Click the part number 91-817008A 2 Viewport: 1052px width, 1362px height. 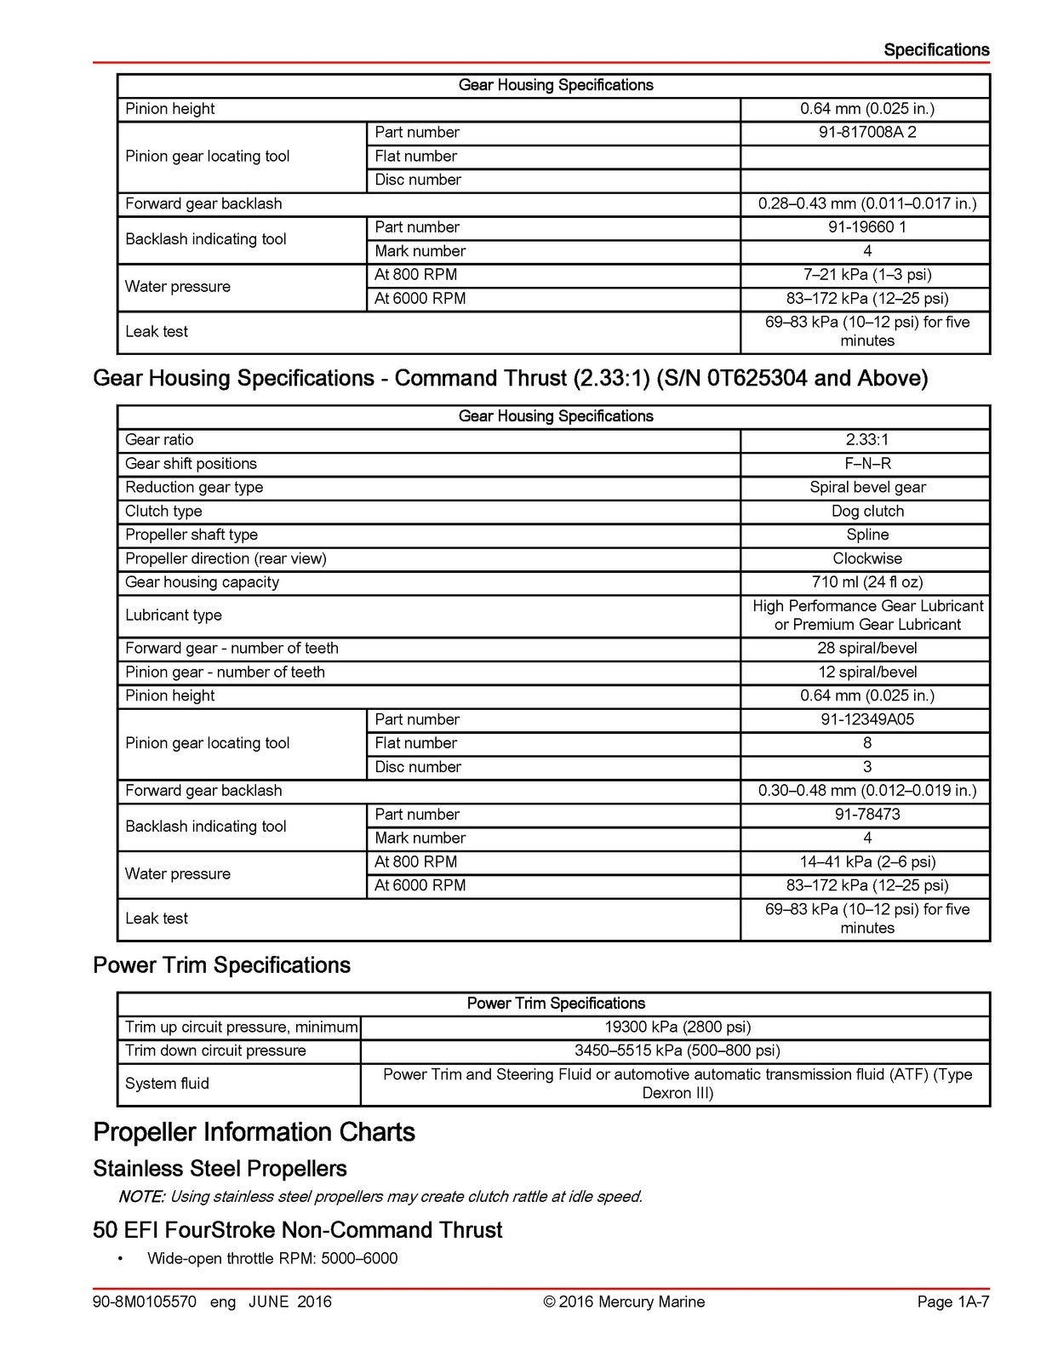(866, 133)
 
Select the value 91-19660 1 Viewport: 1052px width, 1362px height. (866, 227)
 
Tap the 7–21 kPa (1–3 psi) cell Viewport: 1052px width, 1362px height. (866, 275)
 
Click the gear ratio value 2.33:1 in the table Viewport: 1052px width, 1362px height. (866, 440)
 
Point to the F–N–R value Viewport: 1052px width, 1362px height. (866, 464)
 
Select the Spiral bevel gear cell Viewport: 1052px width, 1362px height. (866, 488)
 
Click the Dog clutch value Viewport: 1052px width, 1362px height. (866, 512)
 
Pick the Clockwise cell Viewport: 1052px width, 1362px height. (866, 559)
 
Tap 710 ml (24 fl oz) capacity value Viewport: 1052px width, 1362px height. (866, 582)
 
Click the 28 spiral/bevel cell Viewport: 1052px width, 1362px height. (866, 649)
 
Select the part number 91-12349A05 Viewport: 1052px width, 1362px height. (866, 719)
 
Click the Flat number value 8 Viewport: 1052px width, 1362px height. (866, 743)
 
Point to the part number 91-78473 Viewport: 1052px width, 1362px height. (866, 815)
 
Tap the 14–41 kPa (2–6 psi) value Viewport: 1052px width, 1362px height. (866, 861)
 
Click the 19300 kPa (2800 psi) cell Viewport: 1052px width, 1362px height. (677, 1027)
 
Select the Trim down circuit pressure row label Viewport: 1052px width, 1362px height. (215, 1050)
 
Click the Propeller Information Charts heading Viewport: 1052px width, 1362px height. (254, 1132)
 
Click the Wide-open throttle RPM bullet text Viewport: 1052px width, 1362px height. (272, 1259)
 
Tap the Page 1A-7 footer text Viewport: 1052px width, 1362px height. (952, 1302)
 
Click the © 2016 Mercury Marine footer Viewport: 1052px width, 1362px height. (624, 1302)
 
